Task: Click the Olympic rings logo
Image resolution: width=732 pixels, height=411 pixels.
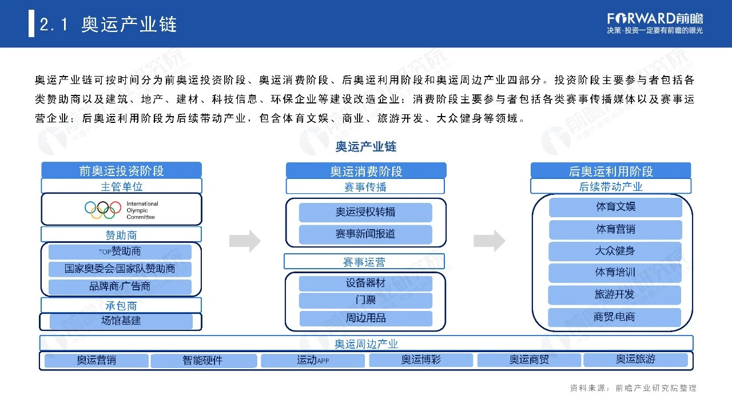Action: [x=103, y=210]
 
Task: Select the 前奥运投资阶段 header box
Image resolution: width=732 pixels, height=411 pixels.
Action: [x=121, y=170]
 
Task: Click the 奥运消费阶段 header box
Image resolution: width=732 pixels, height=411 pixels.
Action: [x=366, y=171]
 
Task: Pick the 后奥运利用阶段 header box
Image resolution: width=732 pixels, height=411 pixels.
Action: [x=611, y=171]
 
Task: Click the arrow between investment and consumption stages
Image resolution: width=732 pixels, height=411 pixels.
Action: [x=245, y=241]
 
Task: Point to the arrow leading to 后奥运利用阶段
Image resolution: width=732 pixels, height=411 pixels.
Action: [x=490, y=241]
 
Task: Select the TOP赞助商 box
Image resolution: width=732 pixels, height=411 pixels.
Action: [x=120, y=252]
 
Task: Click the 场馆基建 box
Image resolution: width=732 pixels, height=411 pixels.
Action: [x=121, y=321]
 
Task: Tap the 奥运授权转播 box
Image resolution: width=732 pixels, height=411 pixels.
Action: [x=365, y=212]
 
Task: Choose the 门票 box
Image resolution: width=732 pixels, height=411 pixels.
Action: [x=365, y=300]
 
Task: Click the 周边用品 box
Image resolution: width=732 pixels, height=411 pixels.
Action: [x=365, y=318]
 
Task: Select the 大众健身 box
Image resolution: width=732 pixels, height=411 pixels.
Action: [x=615, y=251]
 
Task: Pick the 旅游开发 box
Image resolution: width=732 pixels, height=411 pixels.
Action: [x=615, y=295]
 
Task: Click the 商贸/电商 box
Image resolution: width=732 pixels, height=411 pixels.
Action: [x=615, y=317]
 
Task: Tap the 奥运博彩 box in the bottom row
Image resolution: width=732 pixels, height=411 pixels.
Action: [x=421, y=360]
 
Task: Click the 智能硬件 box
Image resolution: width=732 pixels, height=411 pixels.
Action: [x=202, y=361]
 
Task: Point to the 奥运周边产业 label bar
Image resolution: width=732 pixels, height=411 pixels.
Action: [x=366, y=344]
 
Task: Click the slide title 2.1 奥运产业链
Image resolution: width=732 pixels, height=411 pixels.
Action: [x=109, y=25]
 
